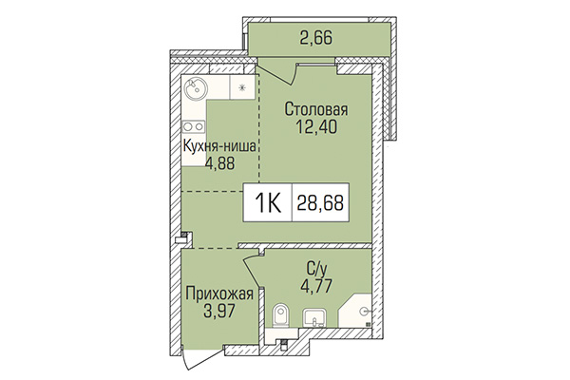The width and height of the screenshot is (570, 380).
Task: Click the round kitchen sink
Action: point(195,91)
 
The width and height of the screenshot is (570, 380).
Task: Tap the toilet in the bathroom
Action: point(278,317)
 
